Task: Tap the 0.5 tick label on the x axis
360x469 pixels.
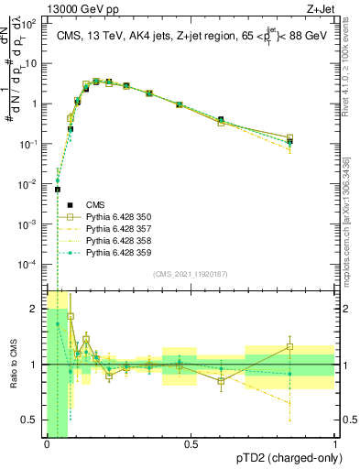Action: pos(191,445)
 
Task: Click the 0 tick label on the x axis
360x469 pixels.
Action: pos(47,445)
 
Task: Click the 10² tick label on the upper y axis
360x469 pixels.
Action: pos(31,24)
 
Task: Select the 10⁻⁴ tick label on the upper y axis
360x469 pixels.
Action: pos(30,264)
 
